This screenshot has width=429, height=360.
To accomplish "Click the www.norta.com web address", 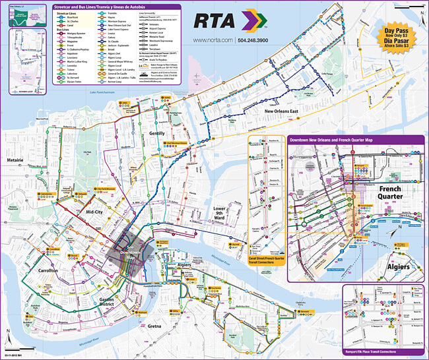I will click(x=213, y=40).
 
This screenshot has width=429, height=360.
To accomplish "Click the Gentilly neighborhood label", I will click(x=156, y=133).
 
